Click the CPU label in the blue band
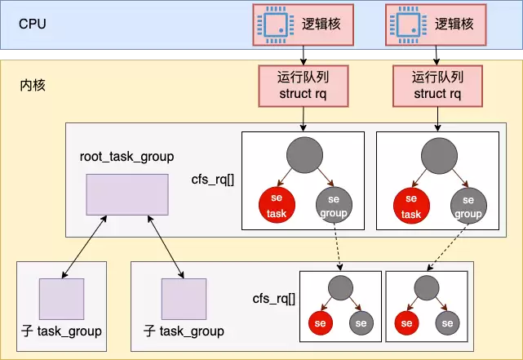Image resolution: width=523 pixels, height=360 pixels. (x=33, y=23)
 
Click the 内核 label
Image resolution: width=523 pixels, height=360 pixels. (x=33, y=84)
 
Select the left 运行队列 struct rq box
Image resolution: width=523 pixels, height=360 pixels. (x=304, y=86)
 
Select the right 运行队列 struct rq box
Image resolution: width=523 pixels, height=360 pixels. (x=438, y=86)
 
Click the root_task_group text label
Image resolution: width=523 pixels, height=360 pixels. (x=126, y=156)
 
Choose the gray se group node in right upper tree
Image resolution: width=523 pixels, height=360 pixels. (x=467, y=207)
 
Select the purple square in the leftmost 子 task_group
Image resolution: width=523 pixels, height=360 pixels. (x=61, y=299)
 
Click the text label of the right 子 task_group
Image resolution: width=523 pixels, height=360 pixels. (x=184, y=331)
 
